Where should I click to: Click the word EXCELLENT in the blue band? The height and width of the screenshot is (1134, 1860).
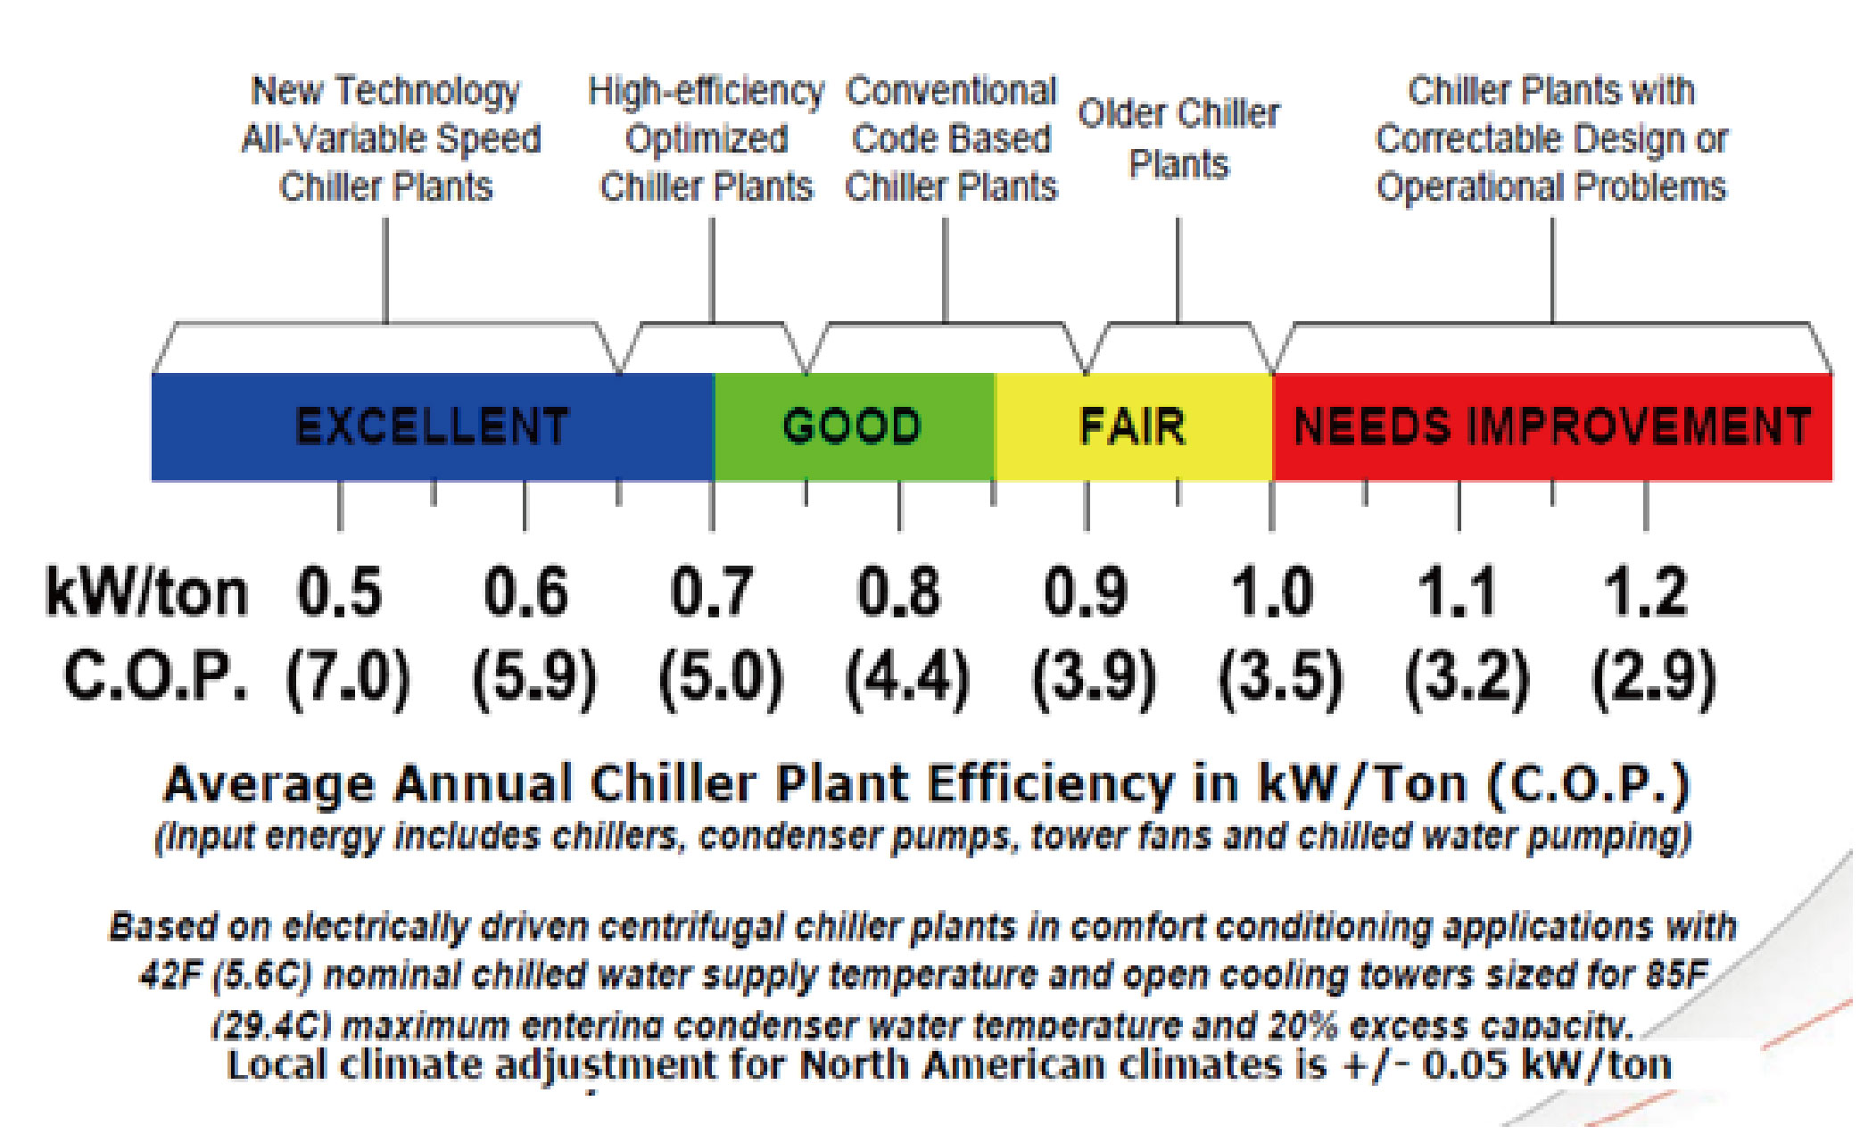point(432,426)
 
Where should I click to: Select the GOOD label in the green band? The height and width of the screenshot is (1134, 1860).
point(852,426)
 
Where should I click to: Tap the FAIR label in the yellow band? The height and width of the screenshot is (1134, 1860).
point(1133,426)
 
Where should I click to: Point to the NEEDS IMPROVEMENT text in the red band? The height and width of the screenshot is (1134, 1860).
point(1552,426)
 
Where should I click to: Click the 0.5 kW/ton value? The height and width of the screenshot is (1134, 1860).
point(340,592)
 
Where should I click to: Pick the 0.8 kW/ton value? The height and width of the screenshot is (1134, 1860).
point(898,592)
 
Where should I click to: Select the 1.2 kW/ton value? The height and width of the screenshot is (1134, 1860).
point(1646,592)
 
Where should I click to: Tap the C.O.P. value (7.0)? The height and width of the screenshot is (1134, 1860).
point(348,678)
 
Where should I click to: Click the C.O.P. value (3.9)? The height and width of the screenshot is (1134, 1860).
point(1094,678)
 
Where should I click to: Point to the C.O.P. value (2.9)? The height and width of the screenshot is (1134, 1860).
point(1653,678)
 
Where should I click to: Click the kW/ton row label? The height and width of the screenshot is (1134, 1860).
point(147,592)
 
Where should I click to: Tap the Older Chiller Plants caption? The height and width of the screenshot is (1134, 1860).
point(1178,139)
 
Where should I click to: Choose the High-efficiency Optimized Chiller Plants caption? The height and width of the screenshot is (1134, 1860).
point(706,139)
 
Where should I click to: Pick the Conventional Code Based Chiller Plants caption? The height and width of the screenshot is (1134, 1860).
point(951,139)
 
